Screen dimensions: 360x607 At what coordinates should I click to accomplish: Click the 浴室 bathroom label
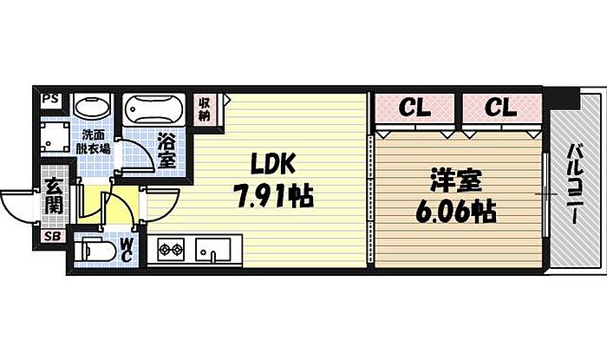[166, 149]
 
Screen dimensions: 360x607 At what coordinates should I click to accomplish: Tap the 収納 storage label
[205, 108]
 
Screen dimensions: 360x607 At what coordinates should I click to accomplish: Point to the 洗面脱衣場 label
[95, 141]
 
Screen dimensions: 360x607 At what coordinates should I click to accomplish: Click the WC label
[127, 250]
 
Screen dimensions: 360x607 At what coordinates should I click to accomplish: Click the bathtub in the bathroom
[152, 111]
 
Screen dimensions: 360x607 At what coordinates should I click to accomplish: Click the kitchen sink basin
[211, 251]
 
